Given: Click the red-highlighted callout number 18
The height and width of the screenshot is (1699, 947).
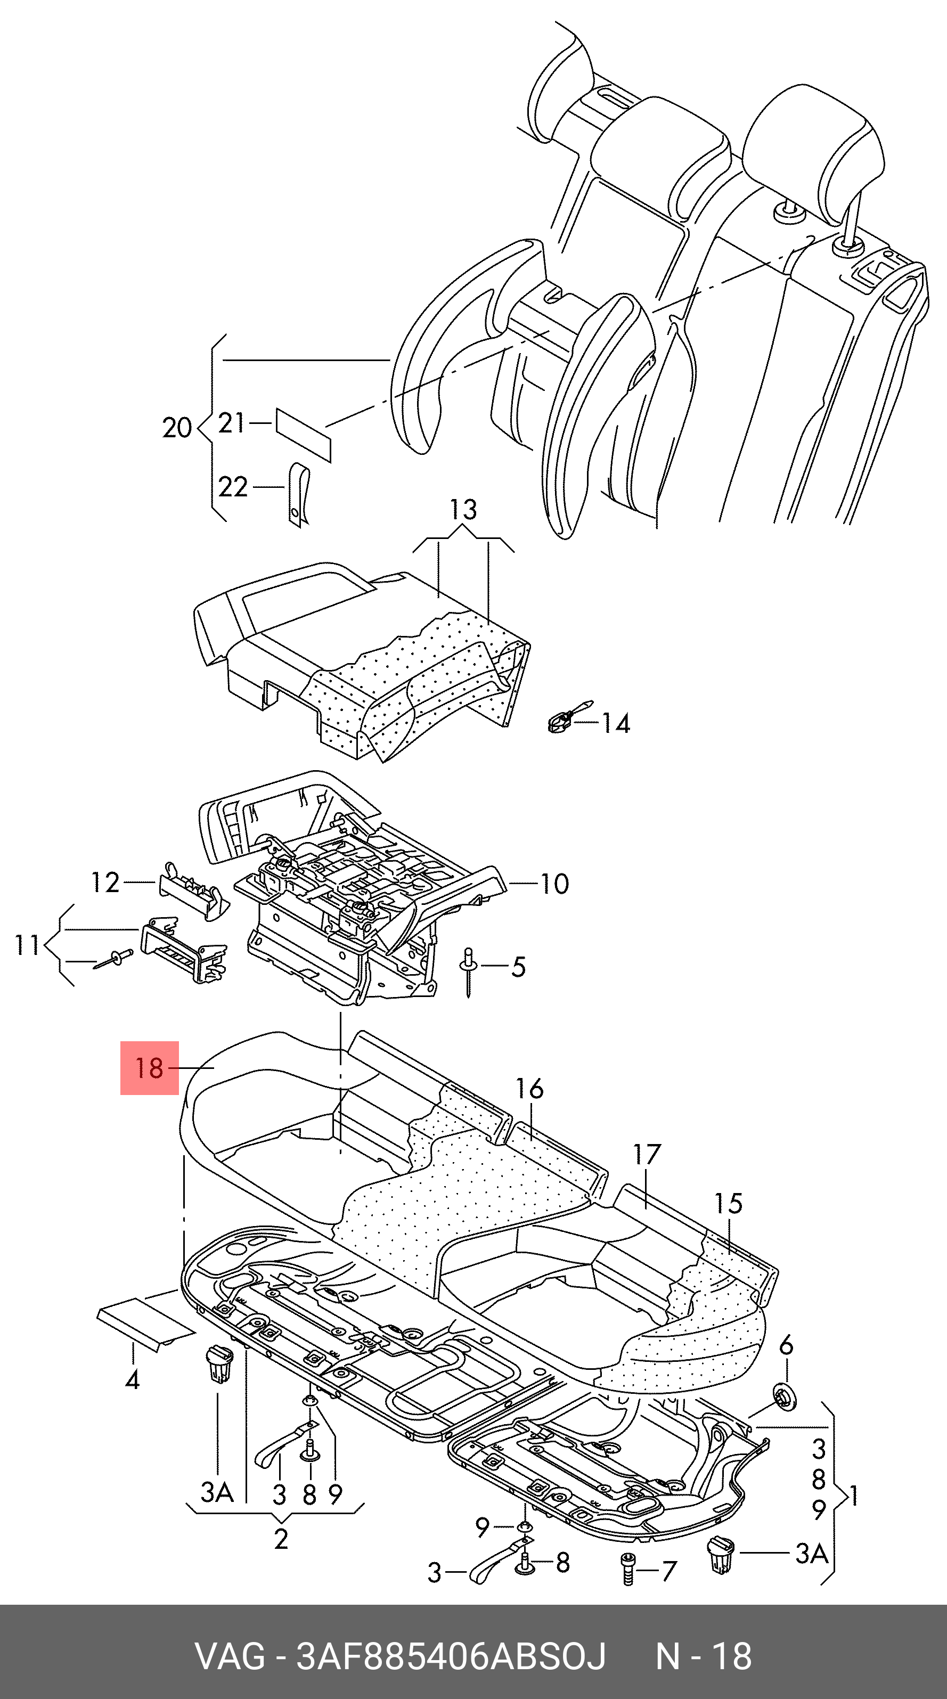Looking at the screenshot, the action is point(149,1068).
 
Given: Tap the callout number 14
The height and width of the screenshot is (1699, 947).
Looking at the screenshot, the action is point(616,723).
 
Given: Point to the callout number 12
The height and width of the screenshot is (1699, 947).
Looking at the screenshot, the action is point(105,883).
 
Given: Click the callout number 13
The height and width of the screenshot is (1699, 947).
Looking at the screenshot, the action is point(463,510).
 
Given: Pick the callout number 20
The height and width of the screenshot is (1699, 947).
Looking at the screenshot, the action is point(177,428).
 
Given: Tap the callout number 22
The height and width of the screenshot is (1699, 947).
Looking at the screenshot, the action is point(233,487).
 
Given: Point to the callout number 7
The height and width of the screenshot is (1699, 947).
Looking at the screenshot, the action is point(668,1572).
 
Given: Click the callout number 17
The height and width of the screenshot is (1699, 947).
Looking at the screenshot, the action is point(647,1154).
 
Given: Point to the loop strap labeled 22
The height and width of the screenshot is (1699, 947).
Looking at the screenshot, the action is point(299,495).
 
